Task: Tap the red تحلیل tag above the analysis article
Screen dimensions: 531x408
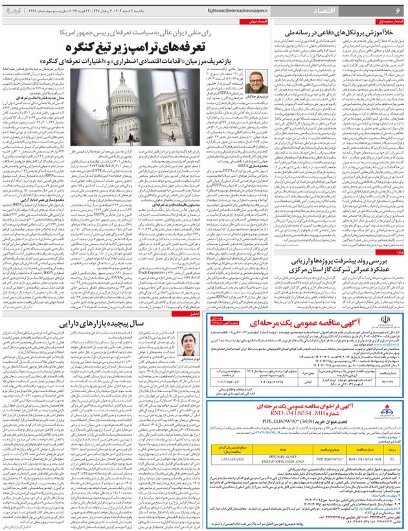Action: [x=194, y=314]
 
